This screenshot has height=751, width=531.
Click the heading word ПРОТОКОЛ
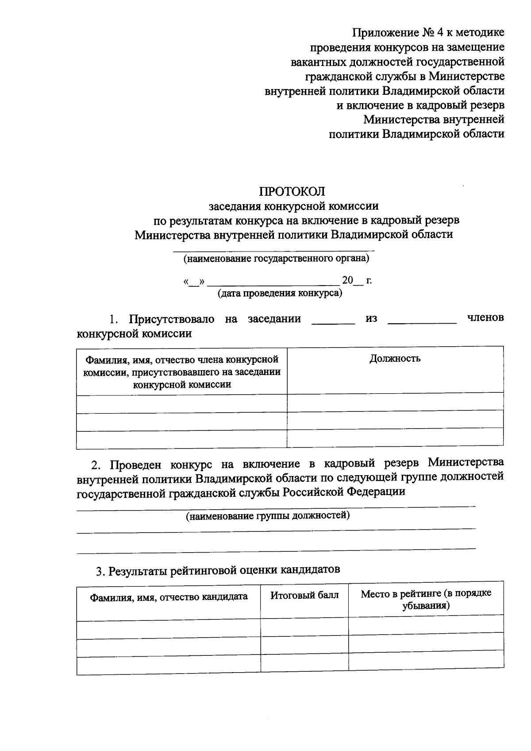point(292,191)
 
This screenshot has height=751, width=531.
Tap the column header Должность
point(395,358)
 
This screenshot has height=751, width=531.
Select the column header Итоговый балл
point(304,595)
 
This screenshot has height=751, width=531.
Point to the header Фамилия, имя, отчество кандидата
point(169,596)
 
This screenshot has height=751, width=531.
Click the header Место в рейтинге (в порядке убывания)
point(426,599)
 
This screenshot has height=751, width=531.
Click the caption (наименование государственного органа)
point(277,258)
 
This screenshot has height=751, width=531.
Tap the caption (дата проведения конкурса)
point(280,293)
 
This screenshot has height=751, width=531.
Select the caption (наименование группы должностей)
point(268,515)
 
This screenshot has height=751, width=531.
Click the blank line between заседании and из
point(333,322)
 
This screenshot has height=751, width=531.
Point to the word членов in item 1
point(485,317)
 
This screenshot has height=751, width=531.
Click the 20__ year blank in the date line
point(352,280)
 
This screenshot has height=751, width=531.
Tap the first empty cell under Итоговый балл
point(304,628)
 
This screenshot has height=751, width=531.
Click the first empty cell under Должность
point(395,402)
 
